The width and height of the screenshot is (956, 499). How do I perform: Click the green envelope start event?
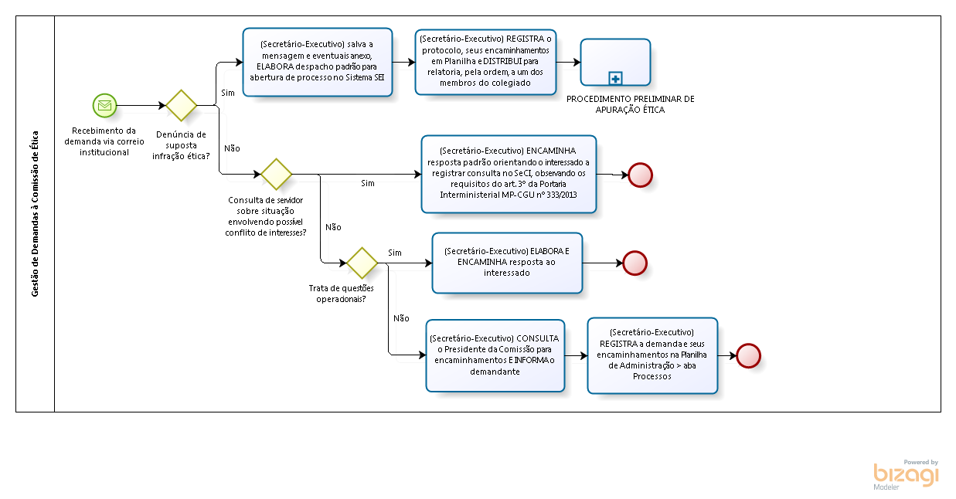click(104, 105)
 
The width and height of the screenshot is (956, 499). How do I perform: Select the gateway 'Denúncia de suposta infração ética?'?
click(182, 105)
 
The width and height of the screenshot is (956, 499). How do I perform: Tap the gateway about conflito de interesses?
click(276, 174)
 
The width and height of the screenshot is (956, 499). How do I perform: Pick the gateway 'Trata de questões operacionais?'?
click(362, 263)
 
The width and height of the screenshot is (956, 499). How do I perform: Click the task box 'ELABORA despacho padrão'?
click(318, 62)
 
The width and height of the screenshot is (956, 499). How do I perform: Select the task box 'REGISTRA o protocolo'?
click(485, 62)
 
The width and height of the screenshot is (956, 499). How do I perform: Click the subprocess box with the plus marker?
click(616, 62)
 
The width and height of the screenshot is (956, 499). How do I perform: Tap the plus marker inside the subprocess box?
click(616, 78)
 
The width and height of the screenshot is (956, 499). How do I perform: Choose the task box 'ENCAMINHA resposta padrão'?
click(509, 174)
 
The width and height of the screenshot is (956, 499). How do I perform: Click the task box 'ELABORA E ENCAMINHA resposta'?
click(507, 263)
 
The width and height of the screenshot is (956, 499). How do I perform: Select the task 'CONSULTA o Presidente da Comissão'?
click(495, 355)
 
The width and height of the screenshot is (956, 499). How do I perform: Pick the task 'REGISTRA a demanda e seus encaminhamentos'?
click(652, 355)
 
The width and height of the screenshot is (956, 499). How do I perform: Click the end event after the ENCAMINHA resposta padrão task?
click(640, 175)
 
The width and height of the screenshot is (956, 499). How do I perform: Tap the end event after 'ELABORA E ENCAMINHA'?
click(634, 263)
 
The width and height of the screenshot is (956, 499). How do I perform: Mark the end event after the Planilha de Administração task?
click(748, 355)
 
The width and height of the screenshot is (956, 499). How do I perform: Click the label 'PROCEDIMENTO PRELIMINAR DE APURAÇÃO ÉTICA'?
click(630, 104)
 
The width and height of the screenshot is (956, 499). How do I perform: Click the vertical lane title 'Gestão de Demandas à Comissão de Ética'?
click(36, 213)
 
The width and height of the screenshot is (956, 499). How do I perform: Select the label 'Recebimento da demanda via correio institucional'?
click(104, 141)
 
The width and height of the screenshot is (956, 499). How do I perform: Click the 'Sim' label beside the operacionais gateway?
click(395, 253)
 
